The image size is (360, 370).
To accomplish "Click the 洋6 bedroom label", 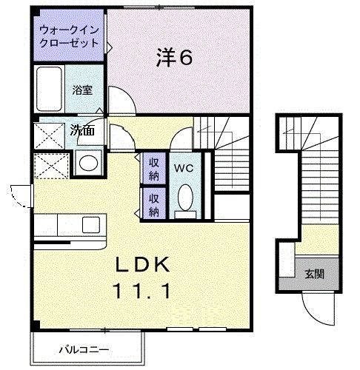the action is (174, 58).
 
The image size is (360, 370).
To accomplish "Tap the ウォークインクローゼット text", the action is (69, 36).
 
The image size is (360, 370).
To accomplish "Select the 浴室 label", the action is (82, 90).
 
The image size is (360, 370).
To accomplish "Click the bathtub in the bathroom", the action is (49, 89).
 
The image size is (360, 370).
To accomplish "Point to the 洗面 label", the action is (82, 130).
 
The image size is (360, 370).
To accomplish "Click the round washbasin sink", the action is (88, 163).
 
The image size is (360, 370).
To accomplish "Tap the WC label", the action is (184, 169).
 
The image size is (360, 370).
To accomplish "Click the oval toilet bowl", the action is (185, 198).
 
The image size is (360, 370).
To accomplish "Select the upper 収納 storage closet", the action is (153, 168).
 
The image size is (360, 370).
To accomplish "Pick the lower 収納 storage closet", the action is (153, 203).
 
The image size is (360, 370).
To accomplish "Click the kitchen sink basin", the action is (91, 225).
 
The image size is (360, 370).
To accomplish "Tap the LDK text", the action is (143, 265).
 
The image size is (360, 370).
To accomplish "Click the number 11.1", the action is (141, 291).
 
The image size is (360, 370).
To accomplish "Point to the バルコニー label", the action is (84, 350).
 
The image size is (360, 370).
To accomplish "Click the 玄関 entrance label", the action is (314, 274).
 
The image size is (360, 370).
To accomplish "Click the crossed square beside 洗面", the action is (49, 136).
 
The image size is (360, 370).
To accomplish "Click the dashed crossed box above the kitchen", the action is (51, 166).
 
